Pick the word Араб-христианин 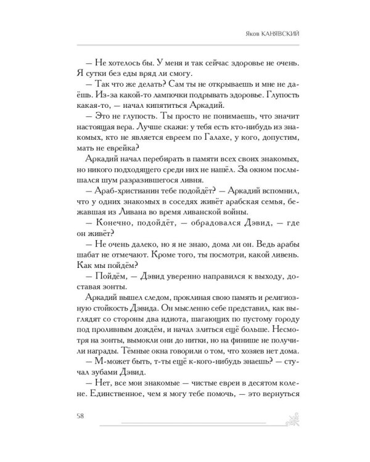pos(122,205)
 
